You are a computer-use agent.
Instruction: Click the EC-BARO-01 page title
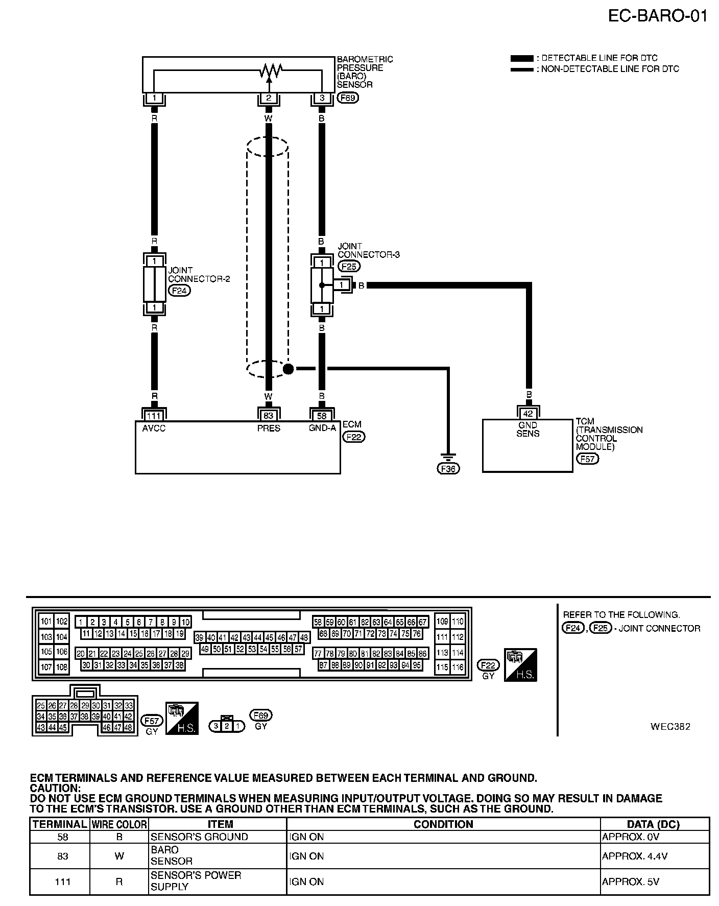coord(657,16)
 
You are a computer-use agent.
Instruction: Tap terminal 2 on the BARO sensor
coord(269,98)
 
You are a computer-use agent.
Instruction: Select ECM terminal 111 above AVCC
coord(154,416)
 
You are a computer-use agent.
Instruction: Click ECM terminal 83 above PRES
coord(269,416)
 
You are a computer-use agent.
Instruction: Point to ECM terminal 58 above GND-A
coord(322,416)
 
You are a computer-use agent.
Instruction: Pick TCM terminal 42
coord(528,414)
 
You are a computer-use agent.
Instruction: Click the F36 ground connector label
coord(448,468)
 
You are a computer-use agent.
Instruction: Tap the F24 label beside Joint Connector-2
coord(179,291)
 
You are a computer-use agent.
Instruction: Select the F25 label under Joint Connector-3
coord(349,266)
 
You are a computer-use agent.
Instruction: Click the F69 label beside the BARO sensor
coord(347,98)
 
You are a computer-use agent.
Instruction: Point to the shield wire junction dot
coord(288,368)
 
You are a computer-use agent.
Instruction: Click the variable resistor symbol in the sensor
coord(269,71)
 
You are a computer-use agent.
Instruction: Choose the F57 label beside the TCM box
coord(587,459)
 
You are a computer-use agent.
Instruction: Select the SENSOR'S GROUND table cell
coord(199,837)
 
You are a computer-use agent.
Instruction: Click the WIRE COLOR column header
coord(119,824)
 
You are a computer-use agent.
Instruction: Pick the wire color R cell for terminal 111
coord(119,881)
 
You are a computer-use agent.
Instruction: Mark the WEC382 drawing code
coord(670,726)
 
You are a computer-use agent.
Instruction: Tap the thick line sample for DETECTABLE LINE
coord(521,58)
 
